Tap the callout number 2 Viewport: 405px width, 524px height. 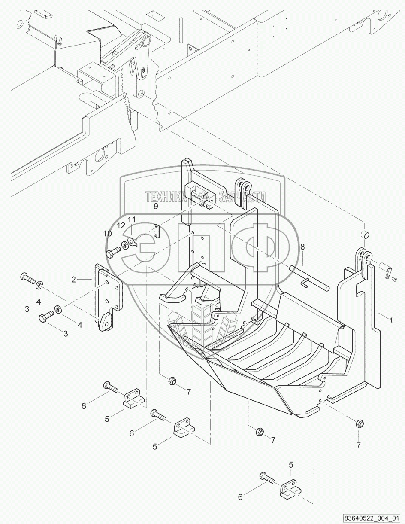tap(73, 279)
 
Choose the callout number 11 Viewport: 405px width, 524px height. tap(132, 219)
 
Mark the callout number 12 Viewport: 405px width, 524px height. tap(121, 225)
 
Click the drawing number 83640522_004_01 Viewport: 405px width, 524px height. tap(371, 518)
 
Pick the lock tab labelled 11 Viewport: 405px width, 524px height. tap(133, 243)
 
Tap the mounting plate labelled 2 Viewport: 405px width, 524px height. tap(107, 296)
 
